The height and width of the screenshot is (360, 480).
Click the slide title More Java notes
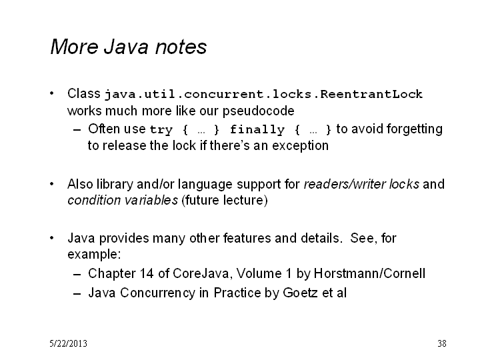[x=129, y=47]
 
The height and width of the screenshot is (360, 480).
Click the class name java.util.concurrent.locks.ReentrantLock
[x=263, y=94]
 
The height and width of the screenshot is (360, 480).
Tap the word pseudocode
[x=259, y=111]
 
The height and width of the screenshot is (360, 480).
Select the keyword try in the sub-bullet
[x=161, y=130]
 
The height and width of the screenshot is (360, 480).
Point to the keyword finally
[x=257, y=130]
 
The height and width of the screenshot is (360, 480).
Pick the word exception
[x=300, y=146]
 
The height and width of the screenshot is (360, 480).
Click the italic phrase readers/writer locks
[x=361, y=184]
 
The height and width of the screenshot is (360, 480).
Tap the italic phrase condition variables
[x=123, y=200]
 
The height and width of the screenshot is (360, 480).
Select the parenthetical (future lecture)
[x=225, y=201]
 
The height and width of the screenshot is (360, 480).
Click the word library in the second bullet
[x=115, y=185]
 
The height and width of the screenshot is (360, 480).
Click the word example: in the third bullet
[x=94, y=255]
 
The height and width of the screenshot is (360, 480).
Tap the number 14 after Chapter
[x=147, y=273]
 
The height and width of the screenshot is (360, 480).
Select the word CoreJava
[x=201, y=273]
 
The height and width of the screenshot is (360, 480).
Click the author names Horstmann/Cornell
[x=369, y=273]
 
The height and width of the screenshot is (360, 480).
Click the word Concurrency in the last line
[x=157, y=293]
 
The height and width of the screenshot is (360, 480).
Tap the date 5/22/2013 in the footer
[x=68, y=343]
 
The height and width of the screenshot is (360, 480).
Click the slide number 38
[x=442, y=343]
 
